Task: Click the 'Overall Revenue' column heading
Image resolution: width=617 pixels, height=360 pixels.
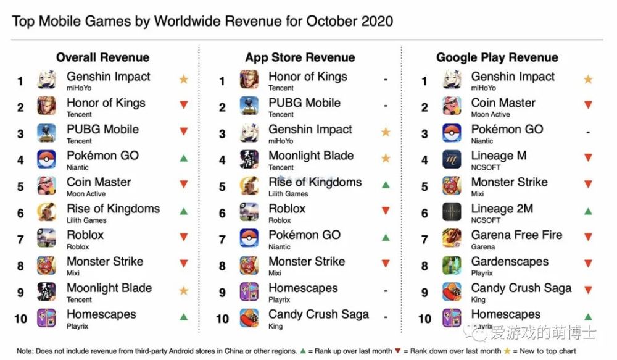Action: point(102,57)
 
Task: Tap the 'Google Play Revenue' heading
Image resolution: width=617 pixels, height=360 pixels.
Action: point(497,57)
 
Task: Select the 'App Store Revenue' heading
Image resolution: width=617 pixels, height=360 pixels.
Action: point(300,57)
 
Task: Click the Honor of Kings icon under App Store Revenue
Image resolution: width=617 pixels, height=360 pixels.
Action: point(249,80)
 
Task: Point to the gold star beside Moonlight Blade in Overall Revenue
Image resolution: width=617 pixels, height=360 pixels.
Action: point(183,290)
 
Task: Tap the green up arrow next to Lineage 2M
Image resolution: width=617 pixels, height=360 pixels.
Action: point(588,211)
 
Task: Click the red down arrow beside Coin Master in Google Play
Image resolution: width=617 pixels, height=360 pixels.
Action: point(588,106)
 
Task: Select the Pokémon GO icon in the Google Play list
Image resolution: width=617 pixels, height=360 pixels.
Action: point(452,133)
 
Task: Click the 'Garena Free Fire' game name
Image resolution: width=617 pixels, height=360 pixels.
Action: point(516,235)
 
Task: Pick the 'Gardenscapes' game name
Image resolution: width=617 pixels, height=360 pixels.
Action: point(510,262)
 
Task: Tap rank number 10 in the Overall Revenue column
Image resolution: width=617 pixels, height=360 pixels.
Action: point(20,319)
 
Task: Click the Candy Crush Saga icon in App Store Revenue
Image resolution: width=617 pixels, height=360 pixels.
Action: point(249,317)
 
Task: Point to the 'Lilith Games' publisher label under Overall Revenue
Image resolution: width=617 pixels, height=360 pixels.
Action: point(86,220)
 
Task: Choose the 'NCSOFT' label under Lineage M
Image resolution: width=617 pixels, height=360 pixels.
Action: point(486,167)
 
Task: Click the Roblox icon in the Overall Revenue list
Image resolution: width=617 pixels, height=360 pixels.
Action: point(47,238)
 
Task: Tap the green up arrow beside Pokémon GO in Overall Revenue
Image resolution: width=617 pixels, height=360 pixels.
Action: point(183,159)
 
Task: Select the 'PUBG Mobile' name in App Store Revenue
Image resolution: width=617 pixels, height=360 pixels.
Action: point(304,103)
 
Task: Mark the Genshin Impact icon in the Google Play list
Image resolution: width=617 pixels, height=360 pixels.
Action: point(452,80)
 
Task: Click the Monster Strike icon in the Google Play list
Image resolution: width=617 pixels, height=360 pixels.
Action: point(452,185)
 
